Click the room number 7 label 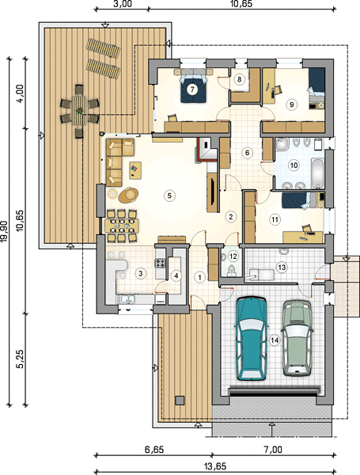192,89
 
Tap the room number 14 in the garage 275,340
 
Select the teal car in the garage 252,338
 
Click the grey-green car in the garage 297,338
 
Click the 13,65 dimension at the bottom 215,466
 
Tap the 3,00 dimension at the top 123,4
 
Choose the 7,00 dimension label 274,450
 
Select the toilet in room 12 232,268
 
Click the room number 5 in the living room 169,196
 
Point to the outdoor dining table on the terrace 79,111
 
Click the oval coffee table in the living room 129,195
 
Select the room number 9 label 291,104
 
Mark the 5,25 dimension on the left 21,359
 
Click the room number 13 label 282,268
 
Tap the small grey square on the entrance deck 180,400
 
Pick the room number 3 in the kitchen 140,273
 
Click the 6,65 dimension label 154,450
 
